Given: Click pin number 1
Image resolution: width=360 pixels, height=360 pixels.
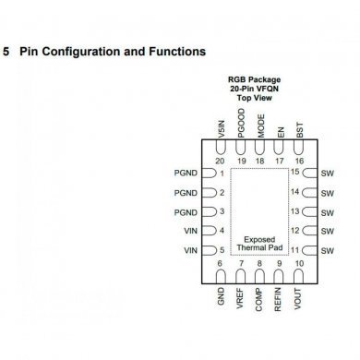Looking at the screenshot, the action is click(x=222, y=173).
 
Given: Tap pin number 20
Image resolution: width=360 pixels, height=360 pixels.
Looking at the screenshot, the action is click(x=220, y=160).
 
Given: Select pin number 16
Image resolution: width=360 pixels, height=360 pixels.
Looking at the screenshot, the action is click(x=299, y=160).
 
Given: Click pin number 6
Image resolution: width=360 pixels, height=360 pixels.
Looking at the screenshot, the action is click(x=220, y=264).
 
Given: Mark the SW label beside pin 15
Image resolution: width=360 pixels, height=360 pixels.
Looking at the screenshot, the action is click(x=326, y=173).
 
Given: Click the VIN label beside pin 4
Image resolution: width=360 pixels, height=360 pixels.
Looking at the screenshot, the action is click(x=191, y=231).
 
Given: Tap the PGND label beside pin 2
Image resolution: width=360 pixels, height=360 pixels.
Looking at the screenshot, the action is click(x=186, y=192).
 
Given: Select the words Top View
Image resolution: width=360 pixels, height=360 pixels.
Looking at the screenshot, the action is click(x=258, y=97).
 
